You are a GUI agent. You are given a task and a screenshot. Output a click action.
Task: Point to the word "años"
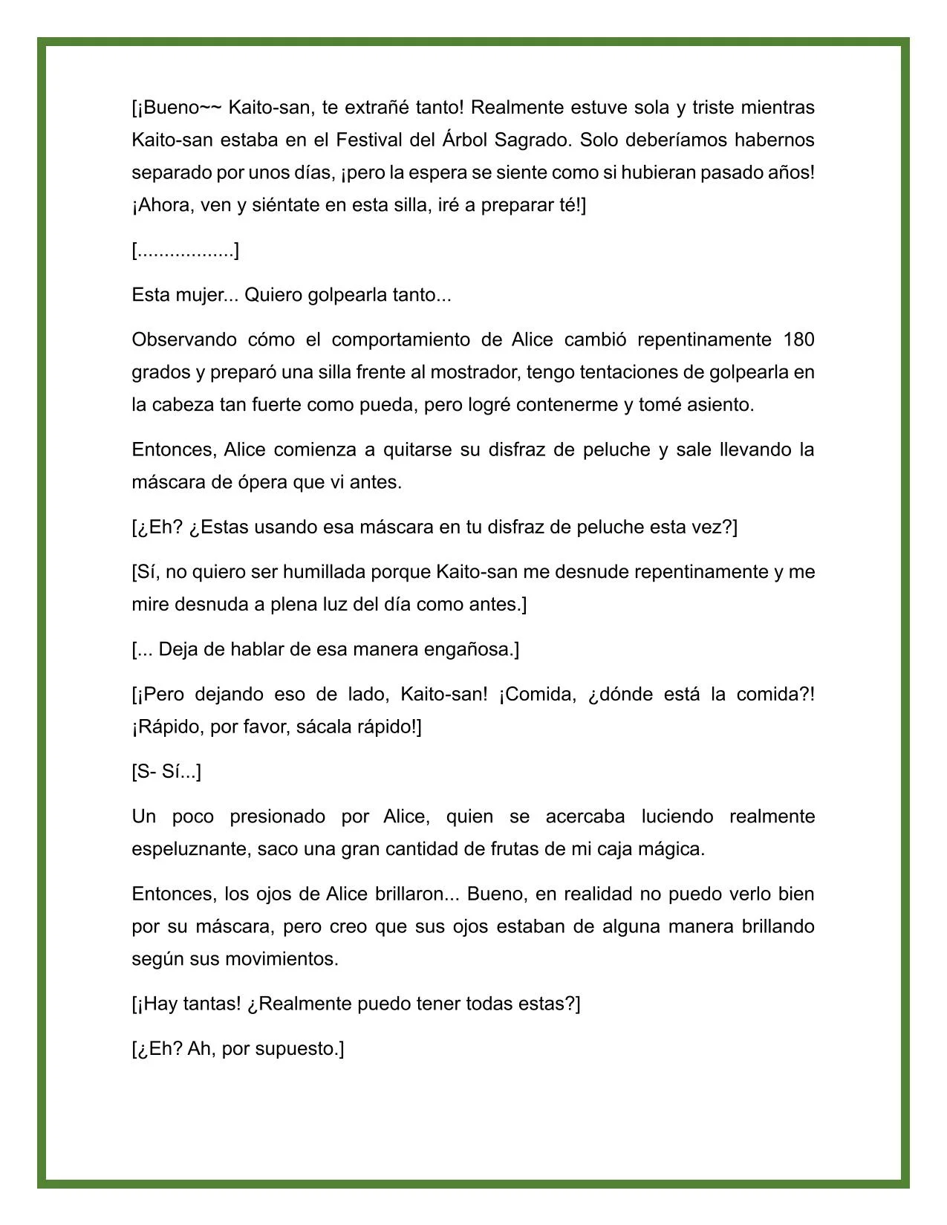pos(790,173)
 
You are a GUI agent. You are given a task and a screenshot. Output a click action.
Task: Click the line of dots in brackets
pos(186,251)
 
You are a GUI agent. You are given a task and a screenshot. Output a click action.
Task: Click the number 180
pos(798,340)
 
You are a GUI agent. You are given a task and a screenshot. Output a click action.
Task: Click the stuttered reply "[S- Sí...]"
pos(166,772)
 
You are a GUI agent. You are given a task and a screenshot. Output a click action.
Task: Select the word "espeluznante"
pos(189,849)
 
